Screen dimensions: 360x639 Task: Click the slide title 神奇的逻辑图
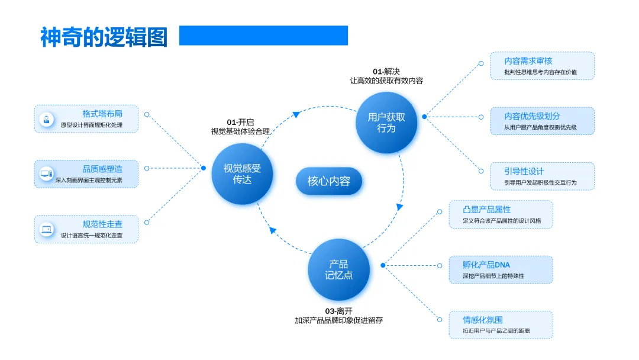point(104,37)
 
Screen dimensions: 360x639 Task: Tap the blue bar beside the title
point(263,36)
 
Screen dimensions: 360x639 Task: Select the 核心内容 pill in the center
point(329,181)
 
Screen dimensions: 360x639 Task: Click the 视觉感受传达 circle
point(242,173)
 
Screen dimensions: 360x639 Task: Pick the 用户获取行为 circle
point(386,123)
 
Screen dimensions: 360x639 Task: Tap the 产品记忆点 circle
point(339,269)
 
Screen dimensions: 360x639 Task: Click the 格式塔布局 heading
point(102,114)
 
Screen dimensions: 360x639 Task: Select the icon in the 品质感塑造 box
point(46,174)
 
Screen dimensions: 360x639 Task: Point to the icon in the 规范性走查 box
point(46,229)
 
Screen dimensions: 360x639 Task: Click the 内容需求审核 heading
point(528,61)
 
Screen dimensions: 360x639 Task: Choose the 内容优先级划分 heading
point(532,116)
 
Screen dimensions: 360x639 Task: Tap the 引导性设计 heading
point(524,171)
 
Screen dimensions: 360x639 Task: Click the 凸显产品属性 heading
point(487,210)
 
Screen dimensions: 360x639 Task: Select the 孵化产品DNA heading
point(486,265)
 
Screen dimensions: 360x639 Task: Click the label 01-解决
point(386,72)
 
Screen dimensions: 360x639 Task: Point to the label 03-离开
point(338,311)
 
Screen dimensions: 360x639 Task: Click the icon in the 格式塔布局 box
point(46,119)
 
